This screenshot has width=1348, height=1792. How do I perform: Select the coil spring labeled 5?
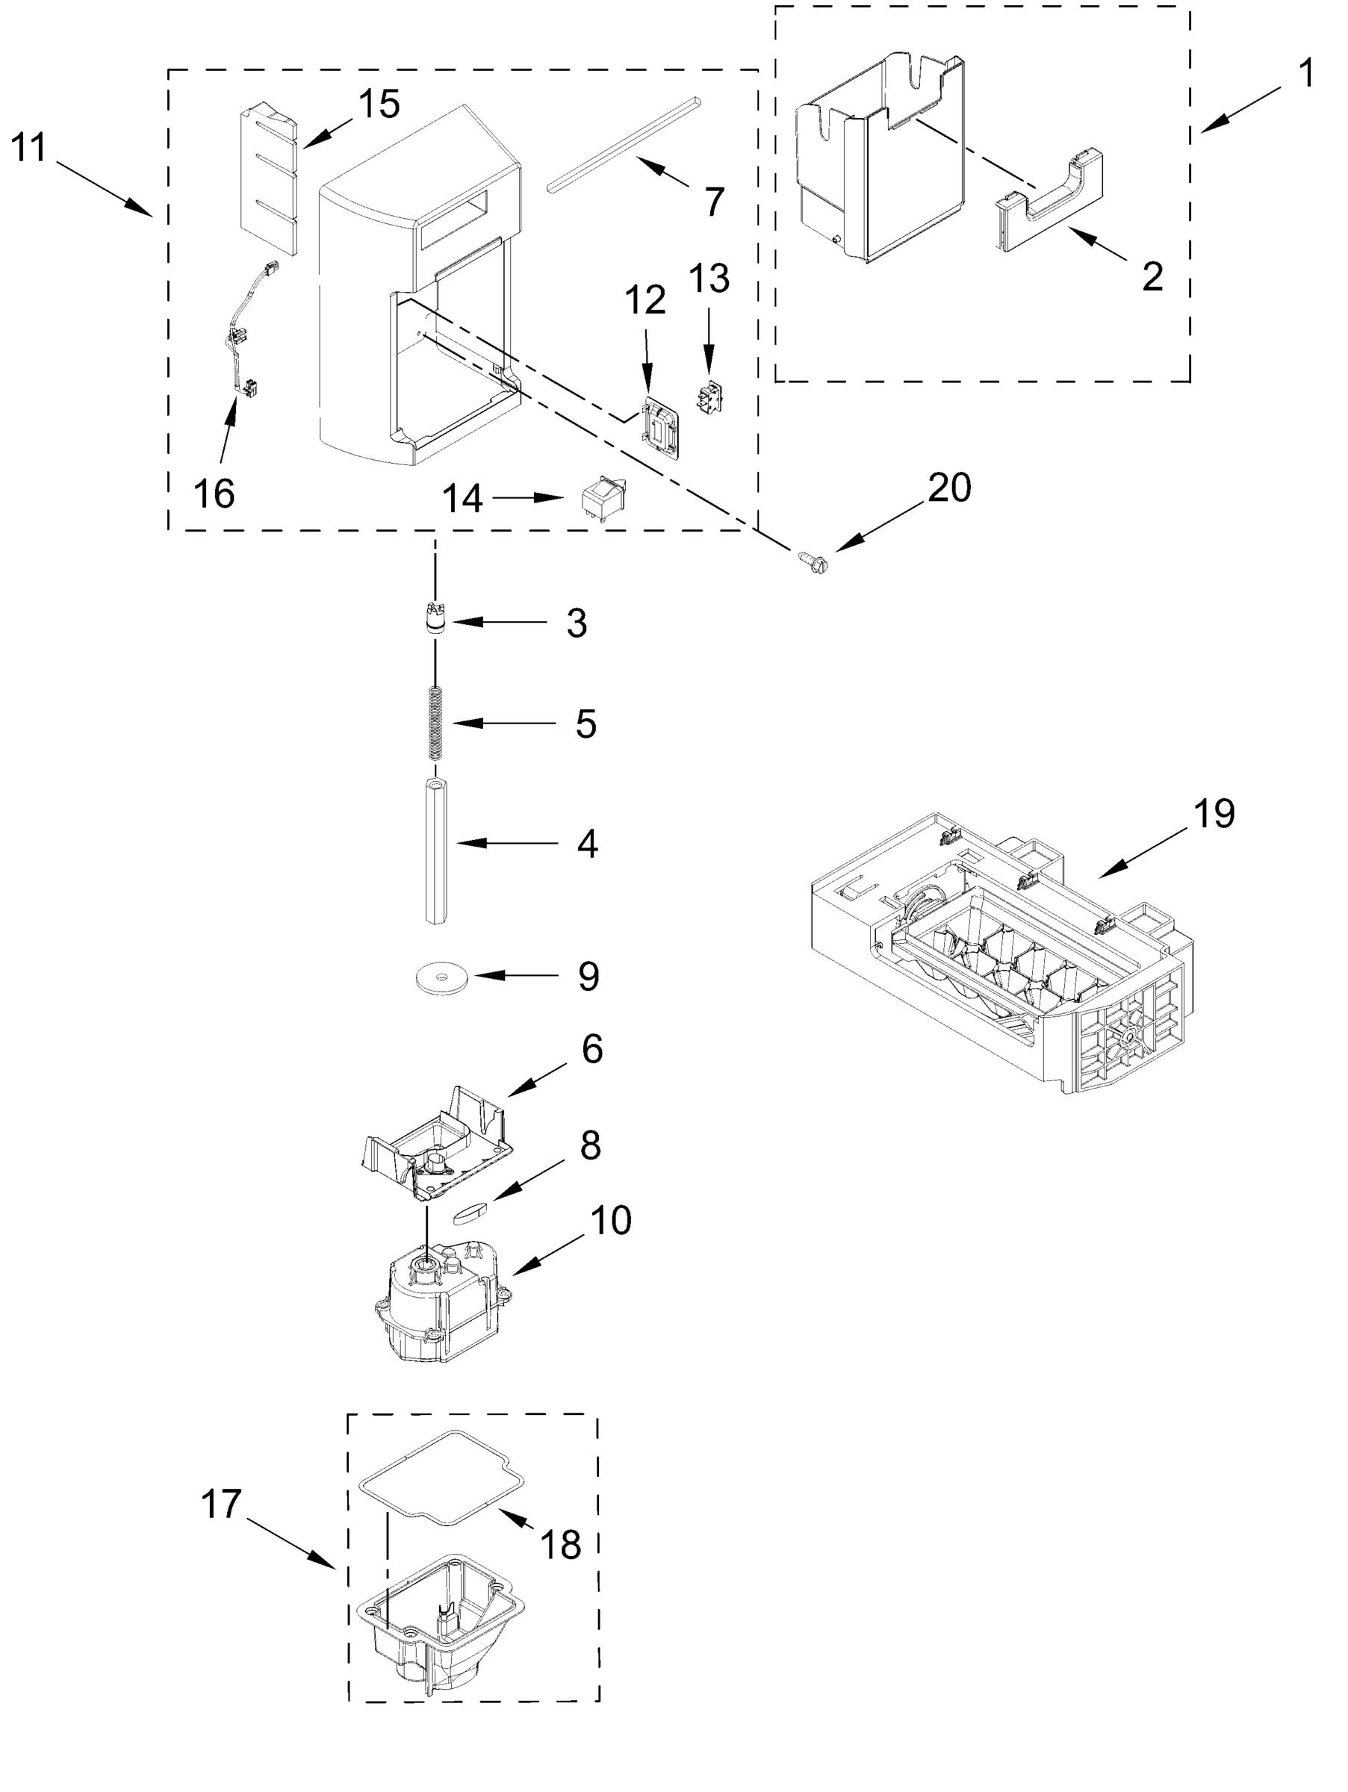tap(436, 722)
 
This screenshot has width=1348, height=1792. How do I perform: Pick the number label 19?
tap(1213, 813)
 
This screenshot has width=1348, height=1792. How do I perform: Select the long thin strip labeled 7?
tap(624, 146)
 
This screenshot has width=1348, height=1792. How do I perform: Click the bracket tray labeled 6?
tap(438, 1144)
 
